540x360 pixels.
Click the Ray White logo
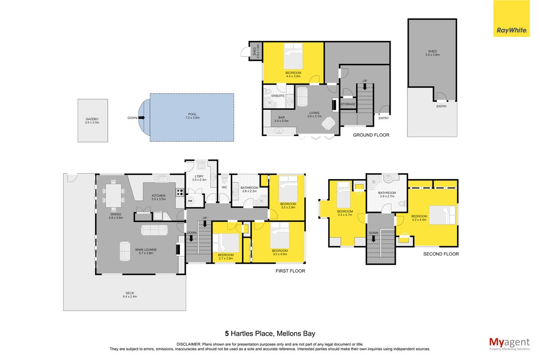click(x=511, y=18)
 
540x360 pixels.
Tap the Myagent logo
click(x=509, y=344)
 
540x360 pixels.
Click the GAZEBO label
click(x=92, y=119)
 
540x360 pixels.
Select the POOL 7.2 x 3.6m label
click(x=193, y=116)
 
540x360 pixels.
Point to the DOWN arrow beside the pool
click(x=142, y=117)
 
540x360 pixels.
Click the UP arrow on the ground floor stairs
click(x=365, y=86)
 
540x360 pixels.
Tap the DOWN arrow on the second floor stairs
click(x=373, y=238)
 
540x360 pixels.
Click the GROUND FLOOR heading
click(x=371, y=135)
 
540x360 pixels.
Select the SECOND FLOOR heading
click(x=441, y=254)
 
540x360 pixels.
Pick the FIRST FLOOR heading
click(x=290, y=271)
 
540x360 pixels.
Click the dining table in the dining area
click(x=113, y=196)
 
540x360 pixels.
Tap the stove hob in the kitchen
click(x=180, y=192)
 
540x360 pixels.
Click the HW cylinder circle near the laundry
click(x=190, y=201)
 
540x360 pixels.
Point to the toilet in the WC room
click(x=225, y=179)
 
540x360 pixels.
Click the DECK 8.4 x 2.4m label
click(x=130, y=295)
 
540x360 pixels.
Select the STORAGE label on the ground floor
click(x=348, y=104)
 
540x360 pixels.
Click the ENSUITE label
click(x=278, y=96)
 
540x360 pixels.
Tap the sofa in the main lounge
click(x=154, y=230)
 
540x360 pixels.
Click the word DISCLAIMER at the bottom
click(x=189, y=344)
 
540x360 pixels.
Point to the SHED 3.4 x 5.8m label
click(x=432, y=53)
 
